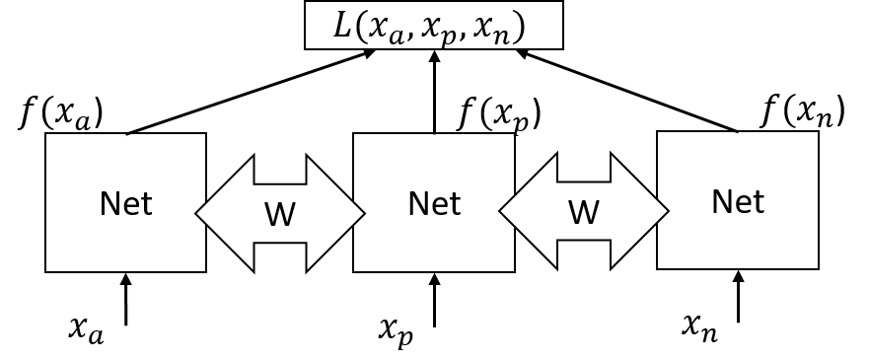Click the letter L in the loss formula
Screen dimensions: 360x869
click(342, 26)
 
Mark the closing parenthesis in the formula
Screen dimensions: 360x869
click(519, 27)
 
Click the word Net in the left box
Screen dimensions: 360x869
click(125, 204)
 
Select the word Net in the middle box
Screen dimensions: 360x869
click(434, 204)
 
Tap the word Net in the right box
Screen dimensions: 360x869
click(738, 201)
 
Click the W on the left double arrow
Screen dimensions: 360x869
click(280, 214)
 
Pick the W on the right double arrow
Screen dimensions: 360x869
click(584, 212)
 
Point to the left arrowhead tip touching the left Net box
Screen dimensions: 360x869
click(197, 213)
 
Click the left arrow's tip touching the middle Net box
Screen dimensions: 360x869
click(363, 213)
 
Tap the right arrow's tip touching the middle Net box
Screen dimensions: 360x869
click(501, 211)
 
